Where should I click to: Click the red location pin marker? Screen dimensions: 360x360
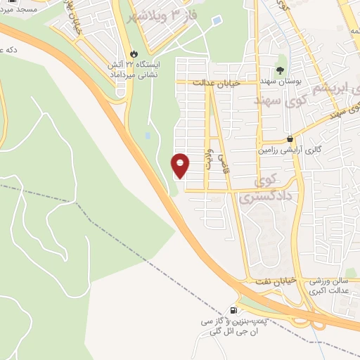pos(181,165)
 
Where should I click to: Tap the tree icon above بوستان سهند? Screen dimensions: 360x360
pos(280,70)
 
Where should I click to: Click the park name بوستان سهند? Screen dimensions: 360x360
pos(281,82)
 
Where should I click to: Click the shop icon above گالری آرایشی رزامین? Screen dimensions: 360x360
pos(290,139)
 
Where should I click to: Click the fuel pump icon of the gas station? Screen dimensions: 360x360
pos(233,309)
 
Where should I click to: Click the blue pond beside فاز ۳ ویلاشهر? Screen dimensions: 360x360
pos(215,21)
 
